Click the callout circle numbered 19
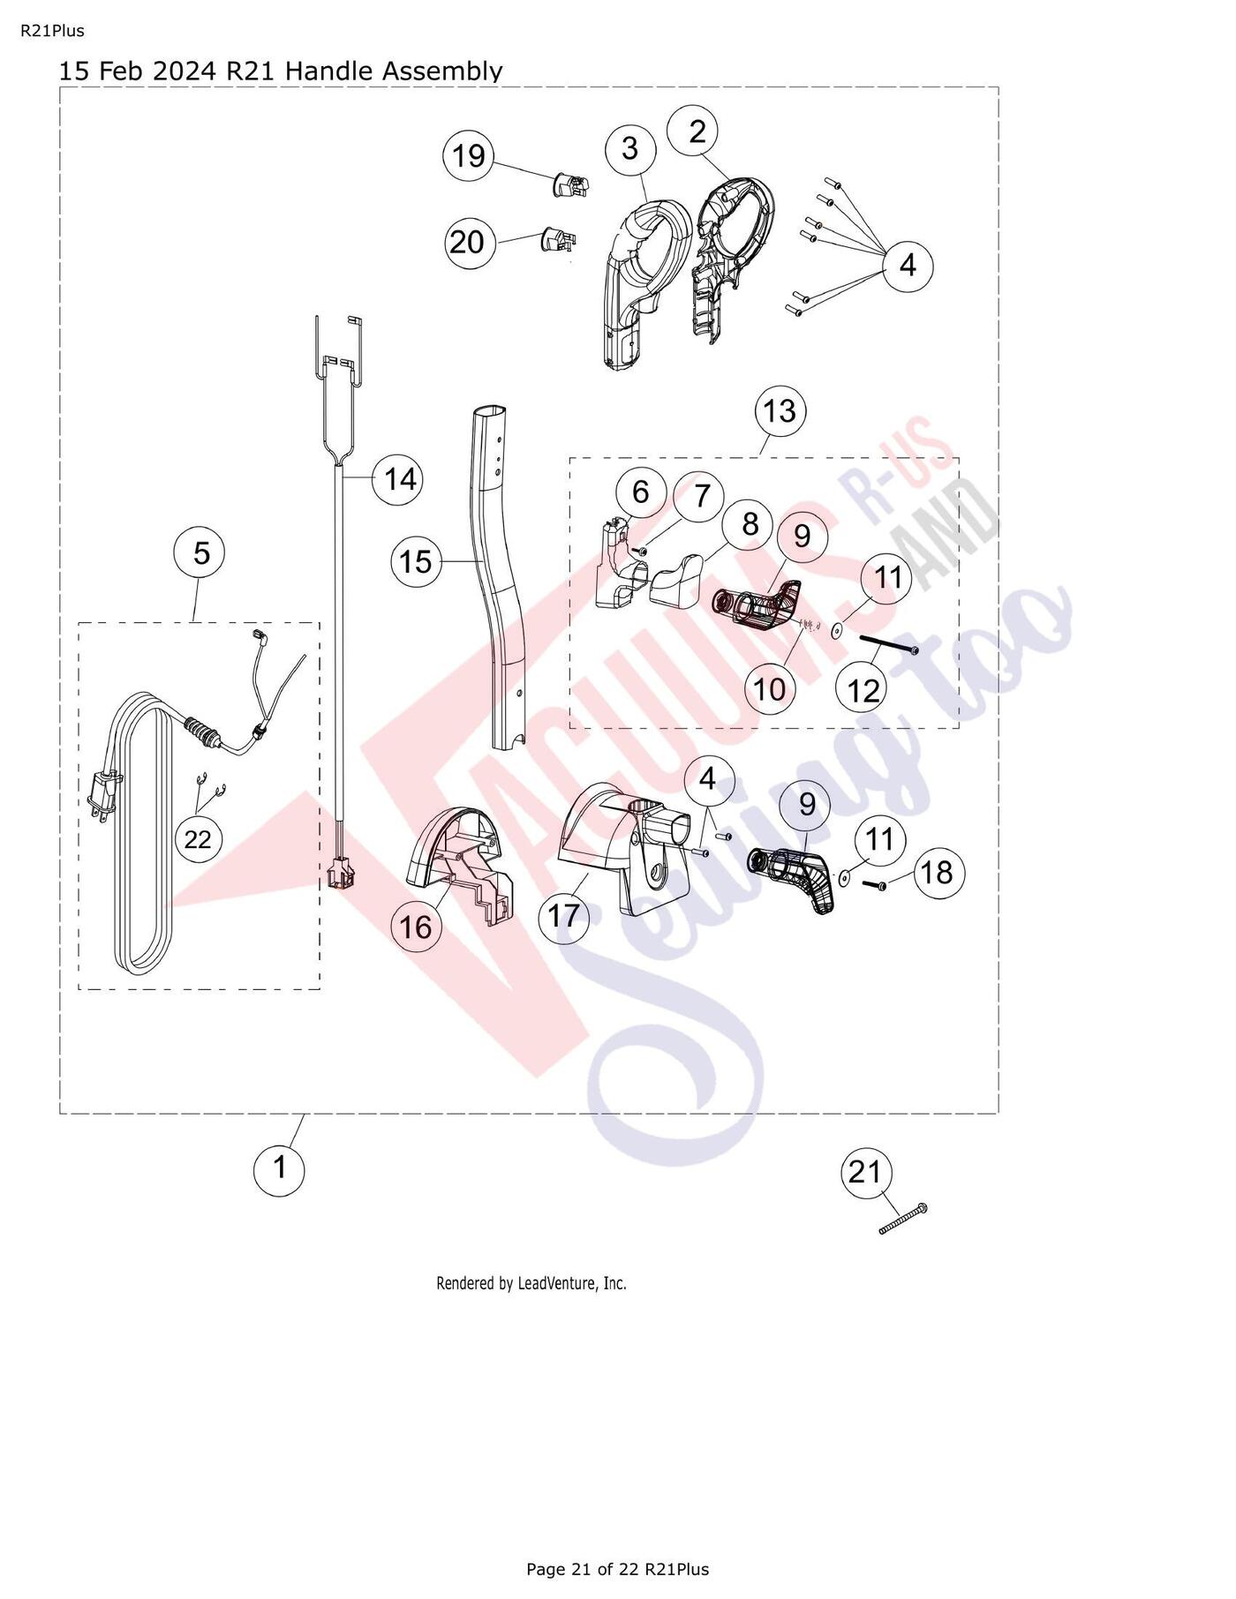point(469,155)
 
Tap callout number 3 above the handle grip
point(629,148)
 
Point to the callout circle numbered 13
point(780,410)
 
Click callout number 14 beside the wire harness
point(399,479)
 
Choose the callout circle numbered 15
point(417,561)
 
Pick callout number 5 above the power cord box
point(201,553)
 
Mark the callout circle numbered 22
point(198,838)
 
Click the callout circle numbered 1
point(280,1167)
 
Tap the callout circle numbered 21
point(865,1172)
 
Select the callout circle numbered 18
point(938,873)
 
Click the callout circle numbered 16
point(417,927)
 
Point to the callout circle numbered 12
point(863,689)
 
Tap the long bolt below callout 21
point(903,1218)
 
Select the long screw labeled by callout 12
point(884,643)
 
